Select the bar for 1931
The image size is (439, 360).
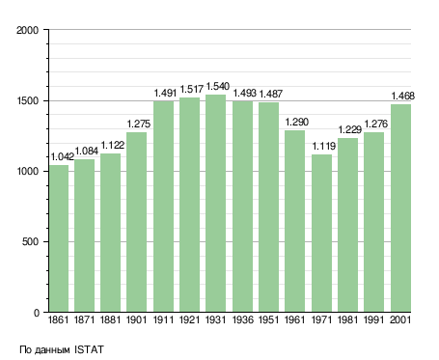click(x=215, y=204)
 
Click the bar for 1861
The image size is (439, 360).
click(x=59, y=238)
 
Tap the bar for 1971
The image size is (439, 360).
click(x=321, y=234)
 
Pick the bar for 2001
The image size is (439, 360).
click(x=400, y=208)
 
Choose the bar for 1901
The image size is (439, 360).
click(x=136, y=222)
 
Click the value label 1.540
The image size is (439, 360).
click(x=218, y=87)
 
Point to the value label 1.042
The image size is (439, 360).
click(x=63, y=156)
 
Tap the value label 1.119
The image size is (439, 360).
click(x=324, y=147)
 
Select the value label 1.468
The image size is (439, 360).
click(x=403, y=97)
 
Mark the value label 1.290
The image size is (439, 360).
click(x=297, y=122)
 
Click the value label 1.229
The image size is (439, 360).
click(x=350, y=130)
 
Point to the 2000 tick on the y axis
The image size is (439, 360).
click(x=28, y=30)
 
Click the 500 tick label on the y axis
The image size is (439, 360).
click(x=31, y=242)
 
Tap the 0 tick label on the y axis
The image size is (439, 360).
click(x=37, y=313)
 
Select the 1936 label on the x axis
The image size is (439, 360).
click(x=242, y=320)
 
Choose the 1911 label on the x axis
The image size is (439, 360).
click(x=163, y=320)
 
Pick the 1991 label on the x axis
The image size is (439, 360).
click(x=374, y=320)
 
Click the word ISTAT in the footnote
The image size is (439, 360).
click(x=89, y=349)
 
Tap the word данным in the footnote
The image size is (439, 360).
click(x=52, y=350)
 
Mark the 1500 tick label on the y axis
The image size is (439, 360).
click(x=28, y=100)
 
